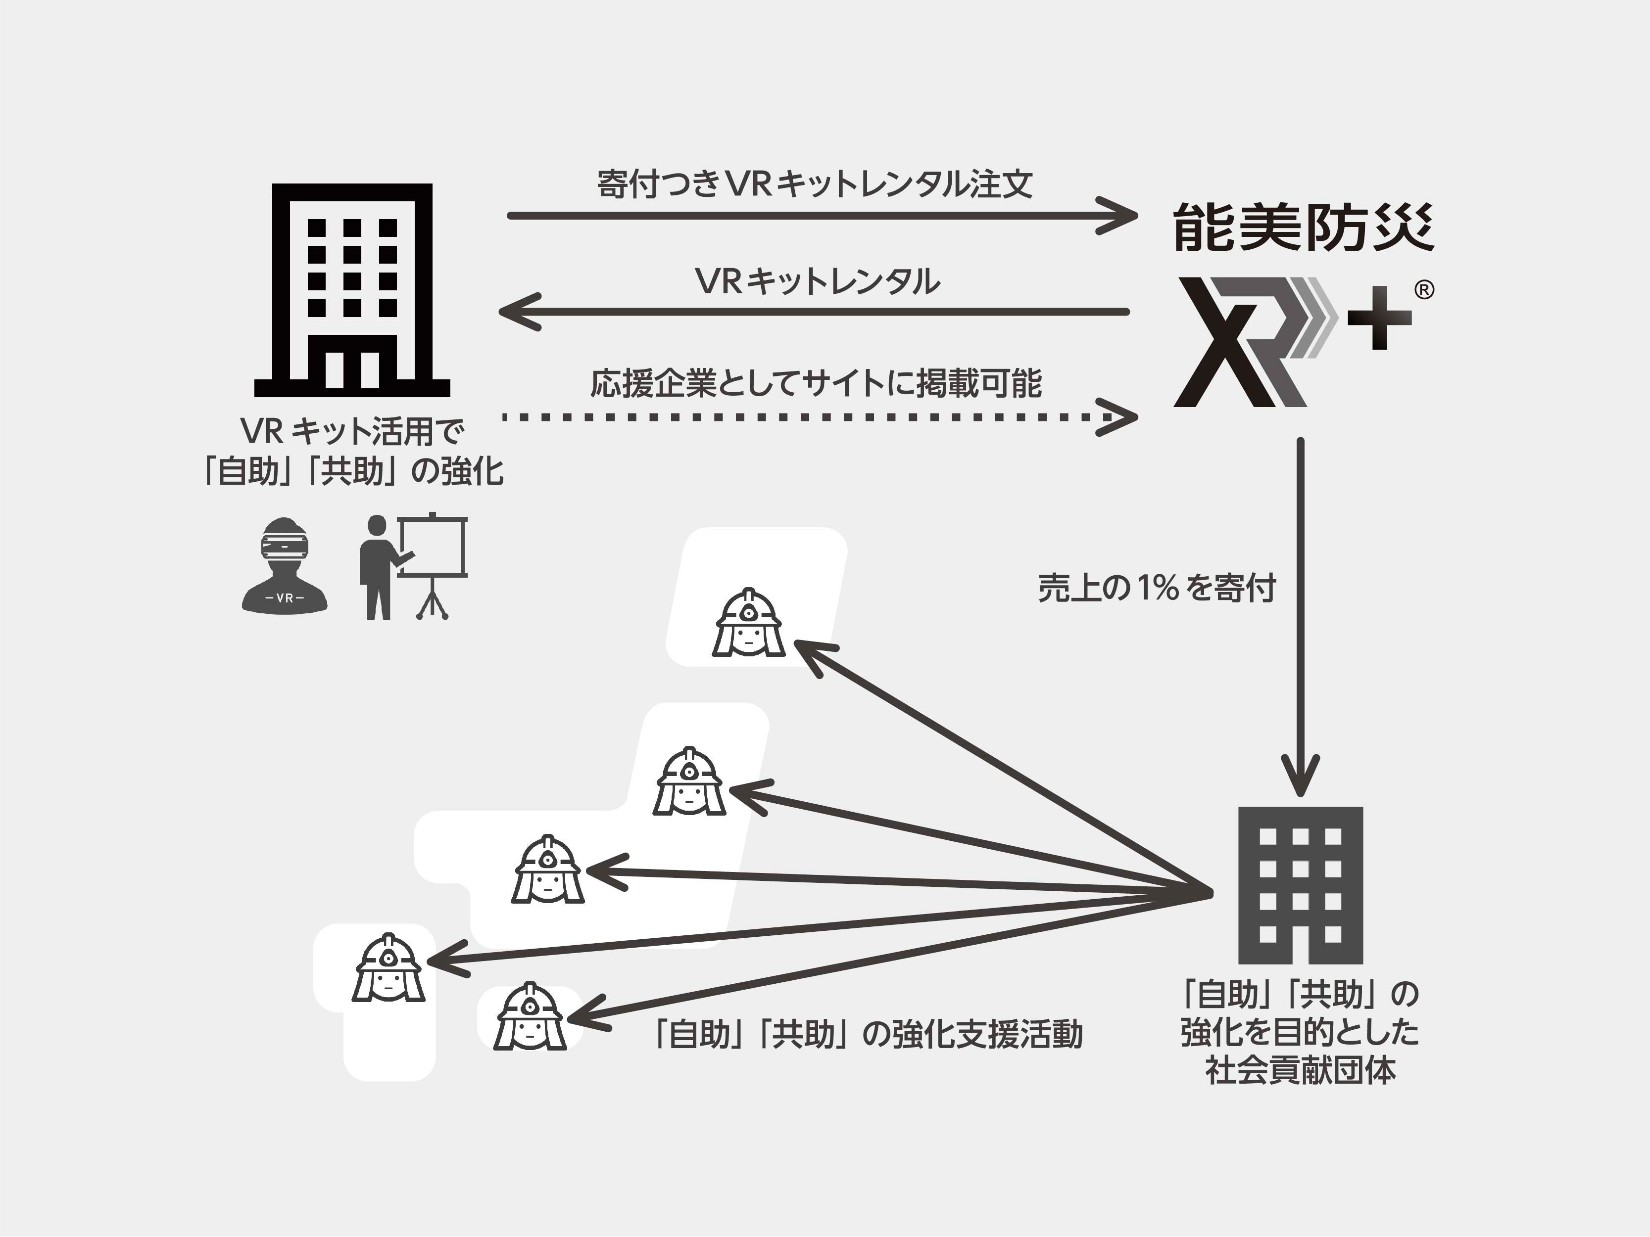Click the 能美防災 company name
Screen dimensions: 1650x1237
(x=1302, y=227)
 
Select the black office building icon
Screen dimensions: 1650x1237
(x=352, y=291)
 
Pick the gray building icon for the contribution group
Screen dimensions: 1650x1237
(x=1300, y=884)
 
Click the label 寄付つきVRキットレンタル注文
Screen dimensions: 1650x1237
(x=815, y=184)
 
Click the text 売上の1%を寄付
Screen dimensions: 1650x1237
(x=1156, y=588)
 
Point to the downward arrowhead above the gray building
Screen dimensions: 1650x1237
(x=1300, y=778)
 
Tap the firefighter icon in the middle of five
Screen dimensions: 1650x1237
(x=547, y=870)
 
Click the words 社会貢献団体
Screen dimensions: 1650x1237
(x=1300, y=1071)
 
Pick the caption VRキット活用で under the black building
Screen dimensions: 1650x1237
(x=352, y=431)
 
